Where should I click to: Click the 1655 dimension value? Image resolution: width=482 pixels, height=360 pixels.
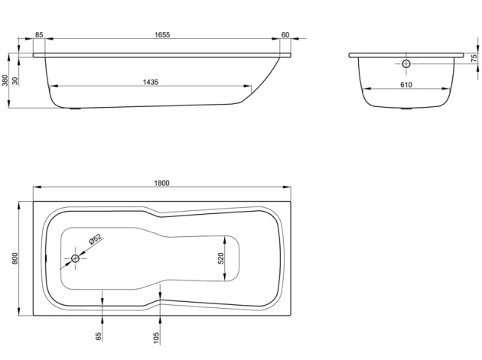[x=161, y=35]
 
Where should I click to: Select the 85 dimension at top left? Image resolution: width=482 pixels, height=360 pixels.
[x=39, y=35]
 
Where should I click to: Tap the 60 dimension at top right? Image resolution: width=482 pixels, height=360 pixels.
[x=285, y=35]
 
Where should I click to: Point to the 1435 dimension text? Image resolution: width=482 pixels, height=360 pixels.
[x=150, y=83]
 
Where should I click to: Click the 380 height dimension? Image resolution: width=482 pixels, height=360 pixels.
[x=5, y=81]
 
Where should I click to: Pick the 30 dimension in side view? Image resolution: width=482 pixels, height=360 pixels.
[x=17, y=81]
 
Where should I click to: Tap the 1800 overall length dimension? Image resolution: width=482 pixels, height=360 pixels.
[x=161, y=183]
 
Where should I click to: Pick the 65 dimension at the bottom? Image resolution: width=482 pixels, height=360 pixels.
[x=99, y=336]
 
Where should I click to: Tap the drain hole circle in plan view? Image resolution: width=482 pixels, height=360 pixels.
[x=76, y=259]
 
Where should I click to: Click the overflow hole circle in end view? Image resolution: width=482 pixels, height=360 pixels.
[x=406, y=63]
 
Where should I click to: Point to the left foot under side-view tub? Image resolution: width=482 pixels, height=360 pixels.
[x=75, y=109]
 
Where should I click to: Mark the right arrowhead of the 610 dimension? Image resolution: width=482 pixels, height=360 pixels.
[x=447, y=89]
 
